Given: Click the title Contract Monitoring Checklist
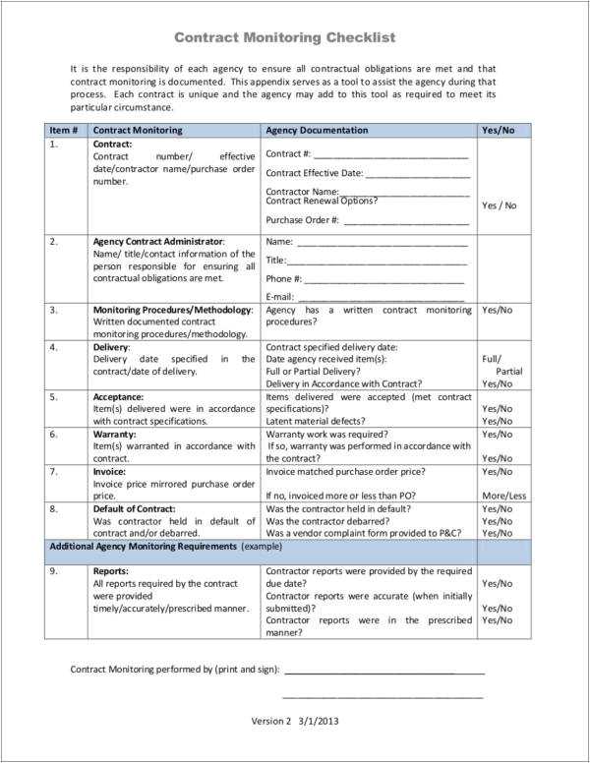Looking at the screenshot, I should click(284, 37).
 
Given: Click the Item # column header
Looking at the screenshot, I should click(64, 130).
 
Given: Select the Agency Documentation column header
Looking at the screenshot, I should click(317, 130).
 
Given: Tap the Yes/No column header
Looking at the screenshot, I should click(497, 130).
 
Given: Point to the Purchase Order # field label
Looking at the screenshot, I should click(302, 220).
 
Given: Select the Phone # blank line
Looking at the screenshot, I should click(386, 279).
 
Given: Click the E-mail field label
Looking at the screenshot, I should click(279, 297).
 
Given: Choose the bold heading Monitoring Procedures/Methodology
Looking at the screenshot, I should click(173, 310).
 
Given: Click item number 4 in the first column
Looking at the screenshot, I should click(53, 347).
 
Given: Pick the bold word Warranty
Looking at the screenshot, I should click(114, 433).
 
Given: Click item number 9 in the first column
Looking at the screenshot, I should click(53, 570).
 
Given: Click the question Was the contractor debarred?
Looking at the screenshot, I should click(333, 520).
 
